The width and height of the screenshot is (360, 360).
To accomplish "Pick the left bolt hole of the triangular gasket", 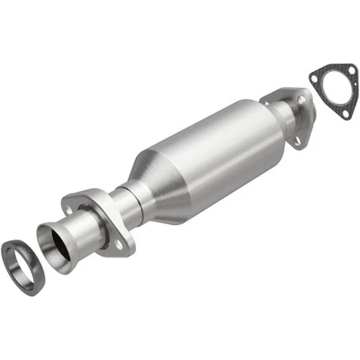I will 315,71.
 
